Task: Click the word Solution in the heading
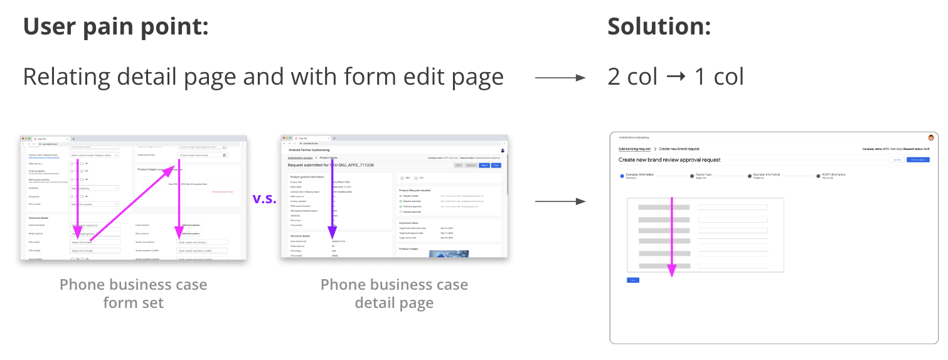[x=658, y=26]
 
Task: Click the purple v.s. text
[x=264, y=199]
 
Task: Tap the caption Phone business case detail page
[x=394, y=294]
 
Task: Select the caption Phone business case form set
[x=133, y=294]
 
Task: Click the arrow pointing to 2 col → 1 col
[x=560, y=78]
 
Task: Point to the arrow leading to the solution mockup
[x=560, y=201]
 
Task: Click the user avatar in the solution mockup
[x=931, y=137]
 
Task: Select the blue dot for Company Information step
[x=622, y=176]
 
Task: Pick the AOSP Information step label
[x=833, y=175]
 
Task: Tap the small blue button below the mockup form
[x=633, y=280]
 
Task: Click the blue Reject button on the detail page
[x=484, y=165]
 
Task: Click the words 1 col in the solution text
[x=719, y=78]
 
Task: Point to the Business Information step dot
[x=748, y=176]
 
